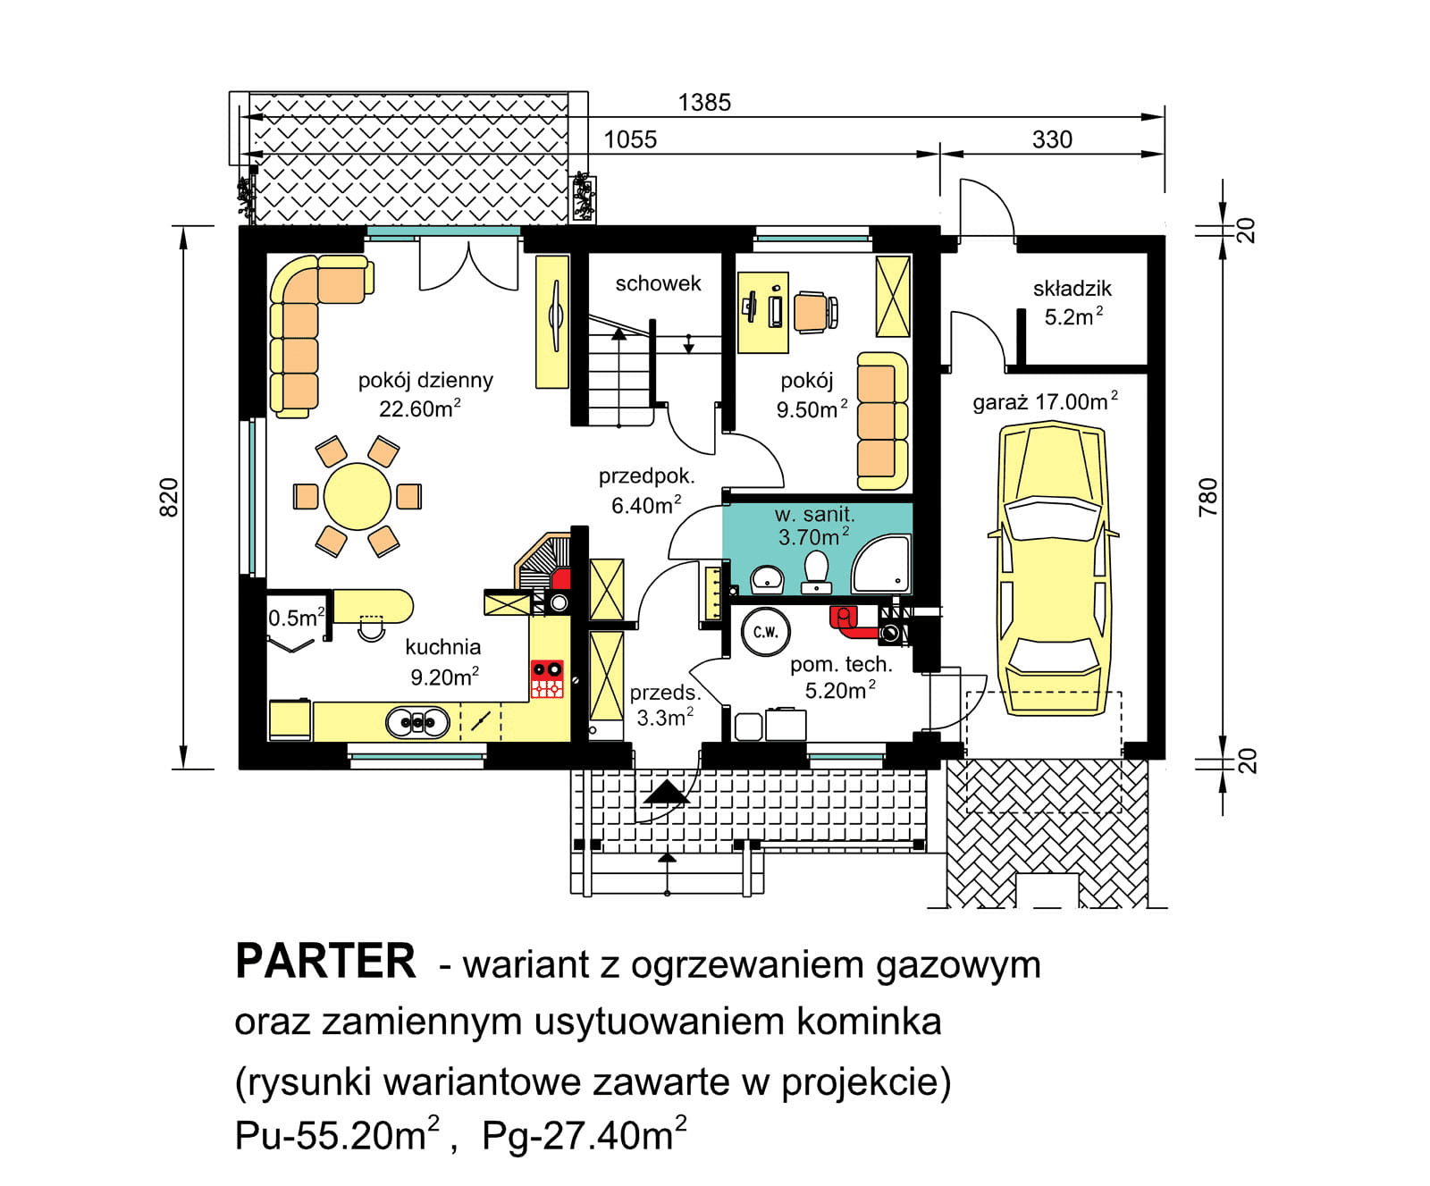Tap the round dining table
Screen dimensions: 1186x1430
pyautogui.click(x=357, y=496)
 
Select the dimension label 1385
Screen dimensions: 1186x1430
pyautogui.click(x=704, y=103)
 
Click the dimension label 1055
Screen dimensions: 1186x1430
pyautogui.click(x=630, y=139)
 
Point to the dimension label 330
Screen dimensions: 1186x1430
pyautogui.click(x=1052, y=139)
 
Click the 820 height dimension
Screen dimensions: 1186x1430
pyautogui.click(x=169, y=497)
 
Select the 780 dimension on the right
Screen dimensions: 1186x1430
pyautogui.click(x=1207, y=497)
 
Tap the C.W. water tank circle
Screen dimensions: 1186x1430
pyautogui.click(x=765, y=632)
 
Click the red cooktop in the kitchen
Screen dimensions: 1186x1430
pyautogui.click(x=547, y=678)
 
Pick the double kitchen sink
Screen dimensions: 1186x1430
pyautogui.click(x=417, y=721)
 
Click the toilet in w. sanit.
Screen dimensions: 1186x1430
pyautogui.click(x=816, y=571)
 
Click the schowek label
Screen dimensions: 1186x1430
pyautogui.click(x=658, y=283)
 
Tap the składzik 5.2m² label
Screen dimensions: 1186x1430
pyautogui.click(x=1072, y=302)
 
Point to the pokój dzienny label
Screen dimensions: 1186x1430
pyautogui.click(x=425, y=380)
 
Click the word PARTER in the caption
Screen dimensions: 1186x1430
pyautogui.click(x=325, y=963)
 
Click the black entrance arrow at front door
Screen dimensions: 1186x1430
pyautogui.click(x=665, y=793)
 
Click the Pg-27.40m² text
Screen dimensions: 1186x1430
pyautogui.click(x=584, y=1135)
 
